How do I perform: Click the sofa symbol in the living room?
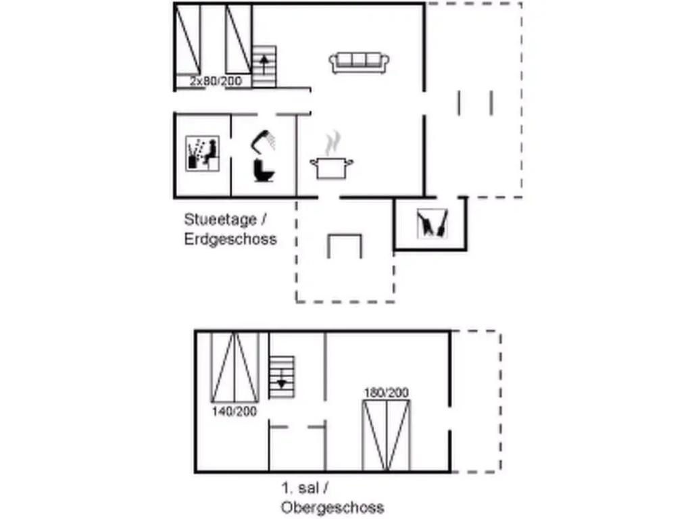tap(360, 63)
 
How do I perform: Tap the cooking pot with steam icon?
tap(331, 156)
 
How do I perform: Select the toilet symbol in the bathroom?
tap(264, 170)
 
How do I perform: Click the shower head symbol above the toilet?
tap(264, 140)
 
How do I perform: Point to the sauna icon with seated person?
tap(202, 153)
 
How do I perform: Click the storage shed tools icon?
tap(432, 223)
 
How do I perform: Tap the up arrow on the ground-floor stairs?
tap(264, 64)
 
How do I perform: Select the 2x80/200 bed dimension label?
tap(216, 81)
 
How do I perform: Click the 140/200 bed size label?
tap(234, 412)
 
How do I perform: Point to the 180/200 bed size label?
tap(387, 393)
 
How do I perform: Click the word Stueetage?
tap(220, 220)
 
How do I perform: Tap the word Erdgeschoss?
tap(230, 239)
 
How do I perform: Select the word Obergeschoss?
tap(332, 508)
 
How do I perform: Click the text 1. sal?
tap(299, 488)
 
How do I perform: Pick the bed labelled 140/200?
tap(234, 368)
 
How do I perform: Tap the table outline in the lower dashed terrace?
tap(345, 246)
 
